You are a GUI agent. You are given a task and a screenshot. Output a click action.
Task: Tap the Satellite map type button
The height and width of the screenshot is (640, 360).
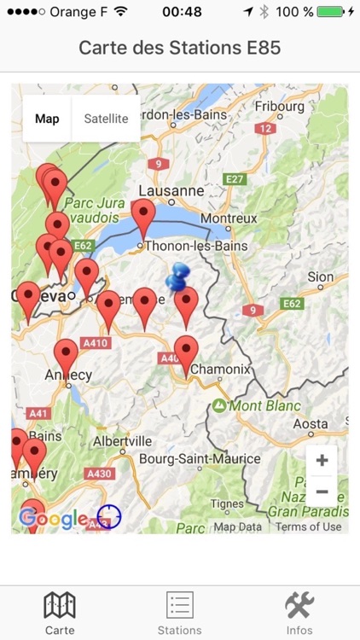coord(106,119)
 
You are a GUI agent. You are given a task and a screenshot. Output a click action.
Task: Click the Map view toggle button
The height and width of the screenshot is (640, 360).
coord(47,119)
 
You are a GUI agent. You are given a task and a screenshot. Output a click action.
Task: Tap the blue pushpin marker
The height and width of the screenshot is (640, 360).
coord(179,276)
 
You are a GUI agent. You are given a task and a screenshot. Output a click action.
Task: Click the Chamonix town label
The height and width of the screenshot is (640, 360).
coord(221,369)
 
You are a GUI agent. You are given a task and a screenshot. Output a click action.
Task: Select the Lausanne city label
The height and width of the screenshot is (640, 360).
coord(171,190)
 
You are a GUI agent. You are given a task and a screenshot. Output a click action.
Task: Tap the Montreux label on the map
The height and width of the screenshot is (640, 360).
coord(229,218)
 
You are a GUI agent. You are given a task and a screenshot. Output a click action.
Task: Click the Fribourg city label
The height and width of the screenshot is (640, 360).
coord(279,107)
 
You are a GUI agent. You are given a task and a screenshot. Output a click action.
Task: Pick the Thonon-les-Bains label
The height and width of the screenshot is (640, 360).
coord(196,246)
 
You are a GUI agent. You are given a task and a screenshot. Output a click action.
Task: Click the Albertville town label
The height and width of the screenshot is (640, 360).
coord(122,441)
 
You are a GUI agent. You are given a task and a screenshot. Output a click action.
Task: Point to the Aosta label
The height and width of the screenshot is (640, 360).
coord(310,424)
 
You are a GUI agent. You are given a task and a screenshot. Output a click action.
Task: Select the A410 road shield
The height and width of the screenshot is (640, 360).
coord(96,343)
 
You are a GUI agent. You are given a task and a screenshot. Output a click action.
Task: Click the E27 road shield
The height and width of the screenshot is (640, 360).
coord(235,178)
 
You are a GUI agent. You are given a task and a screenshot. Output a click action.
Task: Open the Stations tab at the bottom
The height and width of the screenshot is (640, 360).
coord(180,613)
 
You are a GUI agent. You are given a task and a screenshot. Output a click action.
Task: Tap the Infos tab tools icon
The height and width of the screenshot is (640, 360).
coord(299,606)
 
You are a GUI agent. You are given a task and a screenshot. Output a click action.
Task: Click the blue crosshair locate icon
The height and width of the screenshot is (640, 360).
coord(108,516)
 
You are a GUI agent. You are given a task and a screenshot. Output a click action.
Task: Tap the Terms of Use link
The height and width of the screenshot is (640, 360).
coord(308,527)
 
